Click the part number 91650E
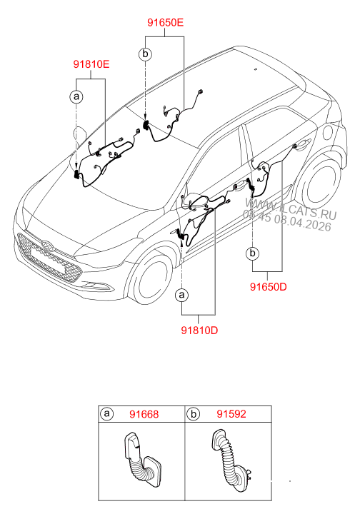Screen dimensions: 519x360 [166, 23]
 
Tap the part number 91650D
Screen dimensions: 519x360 [269, 288]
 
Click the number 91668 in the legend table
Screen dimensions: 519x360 [144, 413]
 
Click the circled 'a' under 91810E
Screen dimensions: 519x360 [76, 95]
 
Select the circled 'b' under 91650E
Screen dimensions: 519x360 [145, 54]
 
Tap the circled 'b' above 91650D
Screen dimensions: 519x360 [251, 253]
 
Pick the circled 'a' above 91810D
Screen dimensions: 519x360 [183, 294]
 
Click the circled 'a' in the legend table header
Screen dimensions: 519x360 [107, 413]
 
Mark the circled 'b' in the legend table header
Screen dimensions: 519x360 [194, 413]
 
